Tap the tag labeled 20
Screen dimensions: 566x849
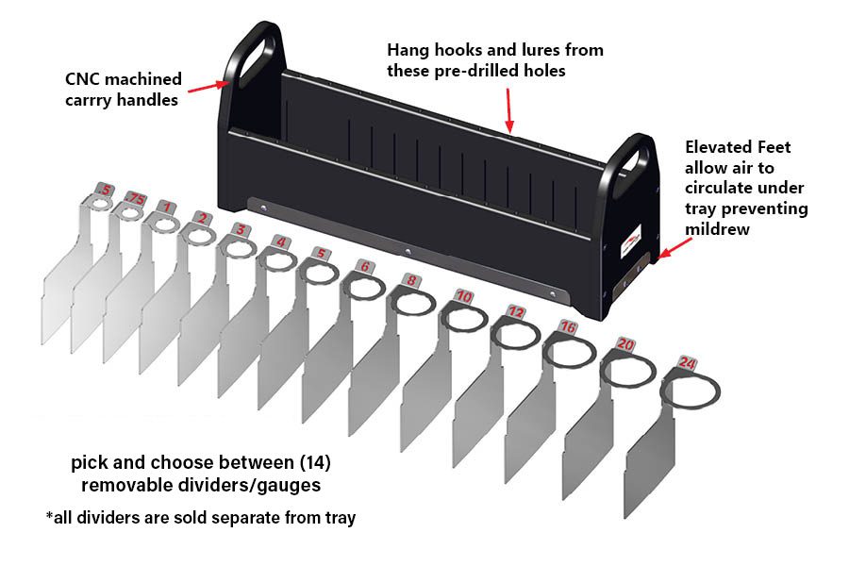[624, 344]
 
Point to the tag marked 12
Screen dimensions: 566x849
[515, 310]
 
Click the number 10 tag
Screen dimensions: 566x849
[463, 295]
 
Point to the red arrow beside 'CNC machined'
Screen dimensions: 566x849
[208, 88]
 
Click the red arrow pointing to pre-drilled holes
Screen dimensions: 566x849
[509, 109]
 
